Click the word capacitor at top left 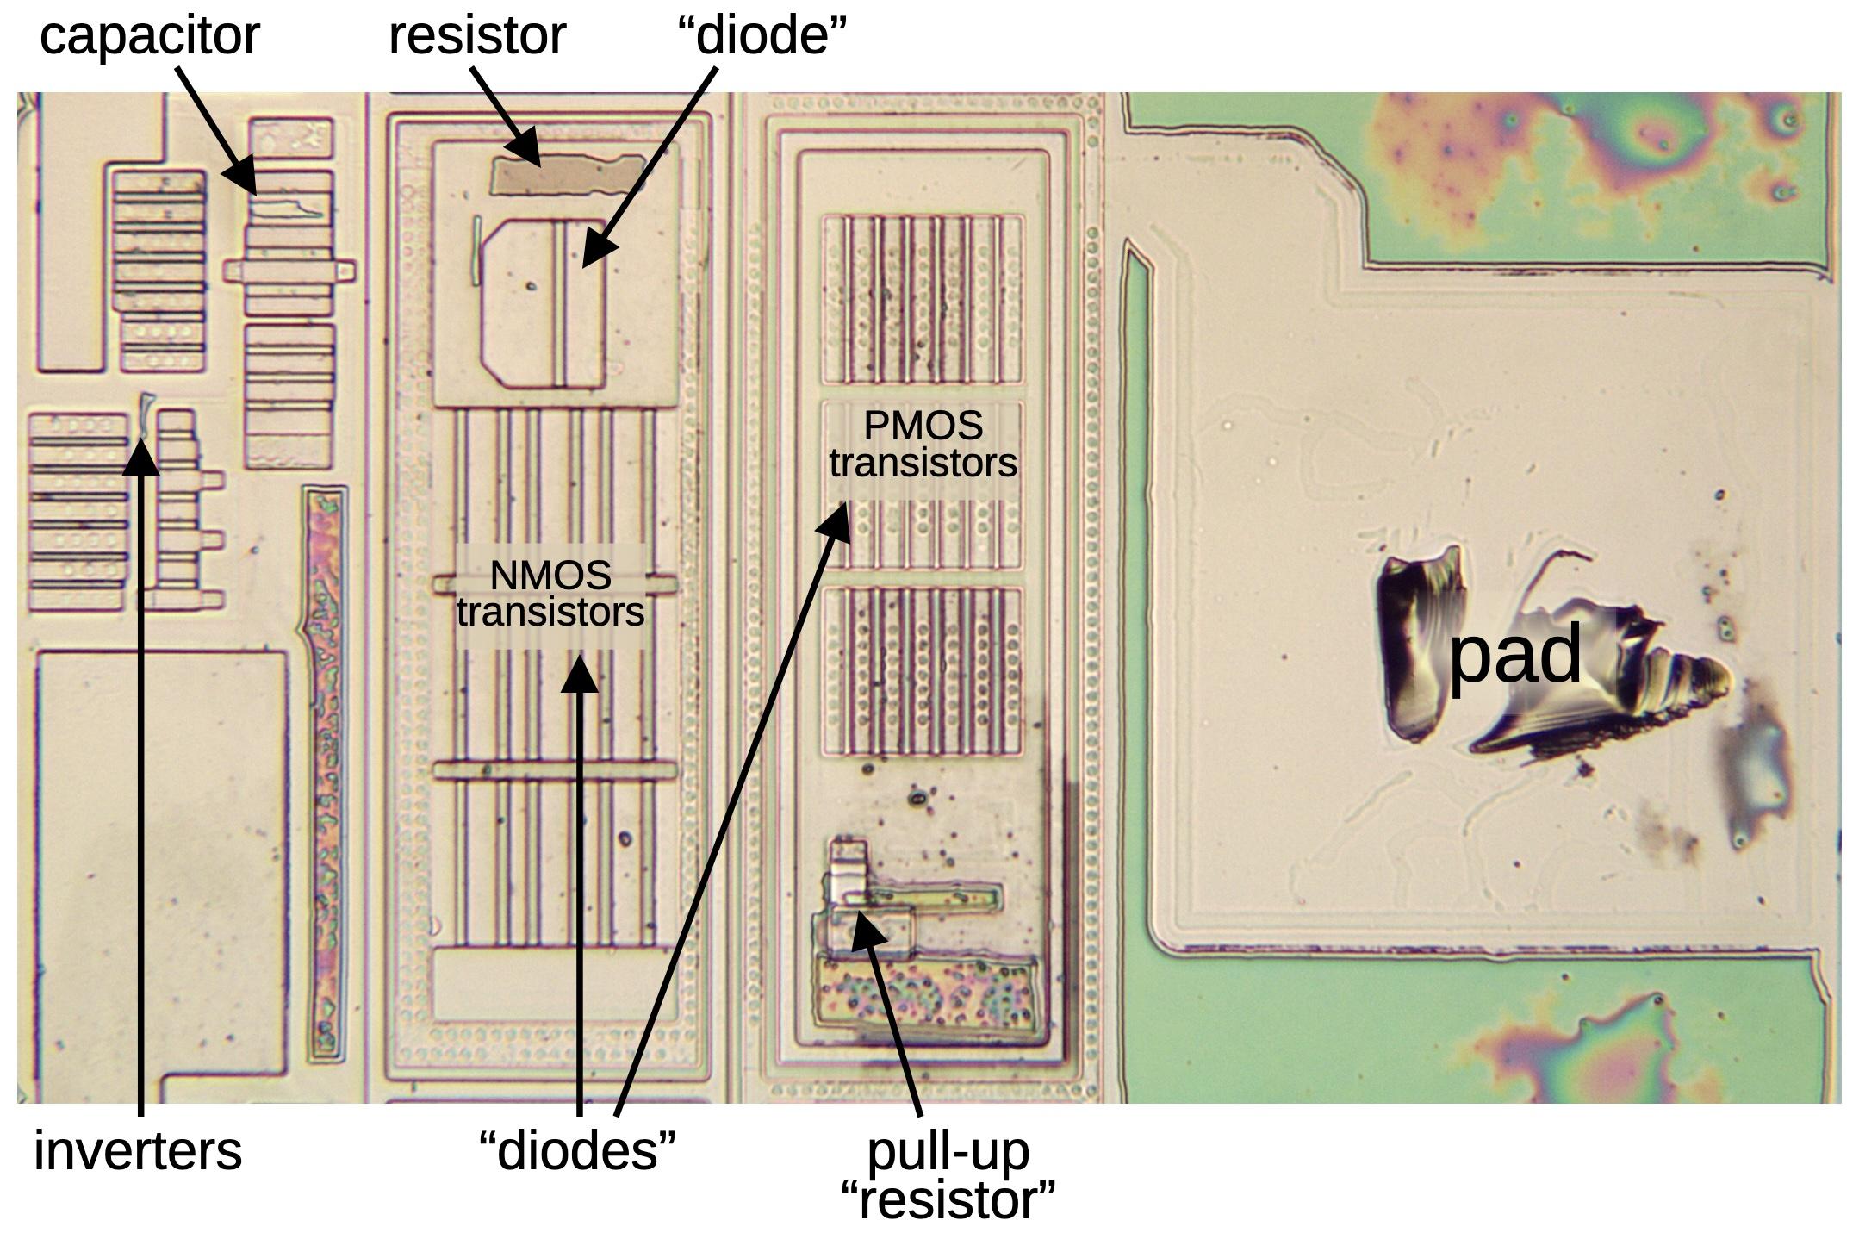149,38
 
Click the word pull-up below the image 948,1152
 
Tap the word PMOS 923,426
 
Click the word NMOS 550,575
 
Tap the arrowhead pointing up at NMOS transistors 580,675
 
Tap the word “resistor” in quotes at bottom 948,1200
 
